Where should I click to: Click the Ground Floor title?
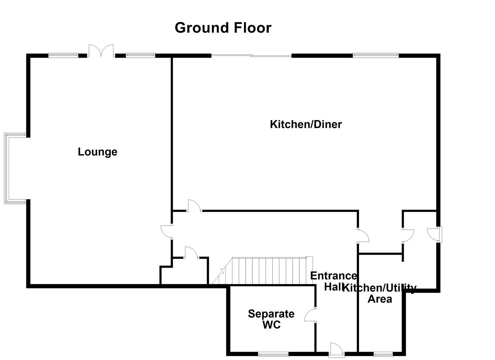223,28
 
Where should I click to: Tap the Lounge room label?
97,152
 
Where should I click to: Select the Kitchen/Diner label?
306,124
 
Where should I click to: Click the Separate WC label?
271,319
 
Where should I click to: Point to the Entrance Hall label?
333,281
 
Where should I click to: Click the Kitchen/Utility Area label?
380,293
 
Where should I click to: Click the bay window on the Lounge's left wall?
7,168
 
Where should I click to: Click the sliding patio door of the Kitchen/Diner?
251,56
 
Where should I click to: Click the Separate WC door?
310,315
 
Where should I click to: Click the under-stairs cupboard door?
191,252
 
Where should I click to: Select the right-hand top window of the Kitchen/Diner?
375,56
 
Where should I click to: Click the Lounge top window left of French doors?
63,56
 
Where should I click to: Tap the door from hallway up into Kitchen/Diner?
194,205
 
